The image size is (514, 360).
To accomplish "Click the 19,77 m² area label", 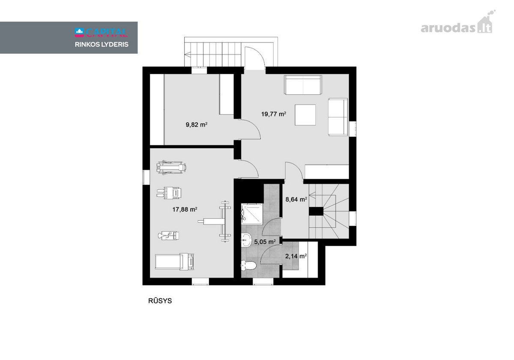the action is coord(274,114).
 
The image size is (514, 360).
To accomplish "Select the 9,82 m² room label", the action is coord(197,125).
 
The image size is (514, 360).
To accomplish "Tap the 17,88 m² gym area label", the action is coord(185,210).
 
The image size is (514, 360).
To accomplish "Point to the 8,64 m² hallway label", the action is coord(296,199).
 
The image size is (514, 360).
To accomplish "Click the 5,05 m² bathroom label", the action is coord(265,242).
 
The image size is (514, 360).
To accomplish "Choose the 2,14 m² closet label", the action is coord(296,256).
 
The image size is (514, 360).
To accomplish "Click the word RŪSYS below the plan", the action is coord(160,301).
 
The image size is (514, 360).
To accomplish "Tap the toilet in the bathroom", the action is coord(248,266).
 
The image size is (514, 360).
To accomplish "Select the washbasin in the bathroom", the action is coord(246,240).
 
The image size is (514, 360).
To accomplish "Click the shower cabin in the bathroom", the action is coord(252,214).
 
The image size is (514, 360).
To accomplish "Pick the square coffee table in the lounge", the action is coord(305,115).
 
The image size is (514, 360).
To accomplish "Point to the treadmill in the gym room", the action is coord(174,261).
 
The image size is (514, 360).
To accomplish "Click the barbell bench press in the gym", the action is coord(215,221).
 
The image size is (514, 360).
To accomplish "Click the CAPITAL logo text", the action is coord(101,33).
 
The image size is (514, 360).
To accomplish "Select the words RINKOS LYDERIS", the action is coord(102,45).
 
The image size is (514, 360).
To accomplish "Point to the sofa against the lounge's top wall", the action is coord(303,85).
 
